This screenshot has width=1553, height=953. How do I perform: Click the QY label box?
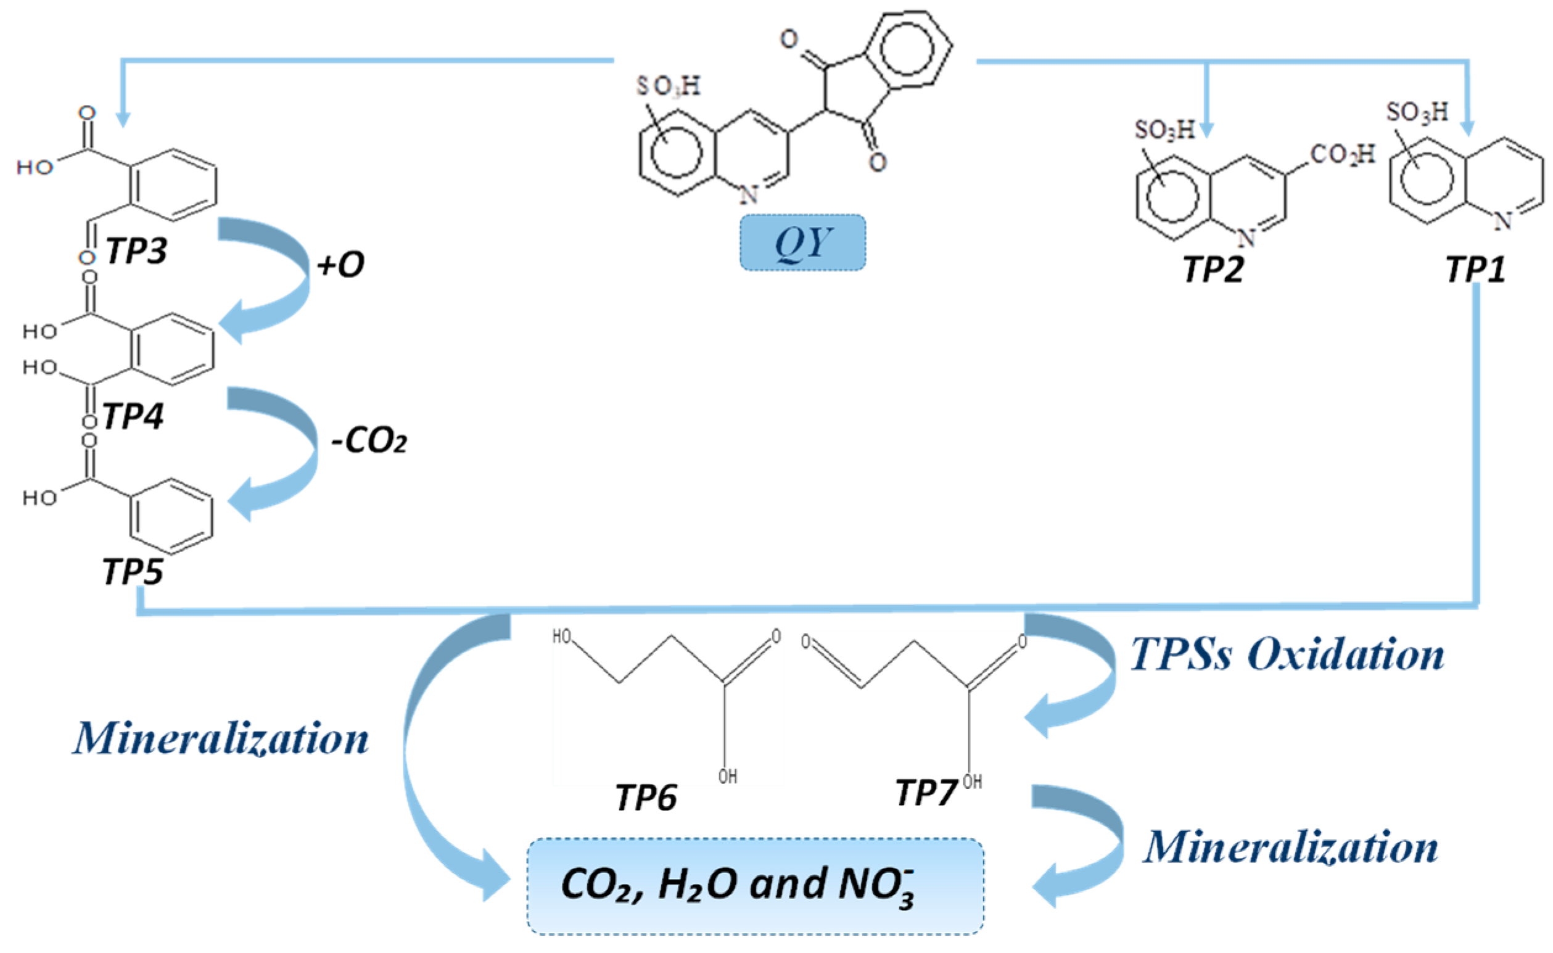(x=802, y=242)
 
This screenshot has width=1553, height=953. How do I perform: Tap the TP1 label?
(x=1475, y=269)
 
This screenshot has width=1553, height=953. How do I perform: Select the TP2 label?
(x=1213, y=269)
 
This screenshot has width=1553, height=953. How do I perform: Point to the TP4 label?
(x=133, y=416)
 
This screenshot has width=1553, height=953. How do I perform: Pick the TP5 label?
(x=133, y=572)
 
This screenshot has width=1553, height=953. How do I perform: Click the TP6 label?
(x=646, y=798)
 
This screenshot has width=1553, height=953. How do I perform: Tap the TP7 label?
(x=926, y=792)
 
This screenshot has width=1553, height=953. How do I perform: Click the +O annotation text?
(x=340, y=265)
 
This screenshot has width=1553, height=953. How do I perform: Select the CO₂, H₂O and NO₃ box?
(x=755, y=886)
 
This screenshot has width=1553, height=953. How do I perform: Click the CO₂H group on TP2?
(x=1342, y=154)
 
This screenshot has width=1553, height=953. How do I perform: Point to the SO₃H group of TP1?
(x=1417, y=112)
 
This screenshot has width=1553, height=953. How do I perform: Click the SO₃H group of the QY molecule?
(x=668, y=86)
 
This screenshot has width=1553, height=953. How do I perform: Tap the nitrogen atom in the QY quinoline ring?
(x=748, y=195)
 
